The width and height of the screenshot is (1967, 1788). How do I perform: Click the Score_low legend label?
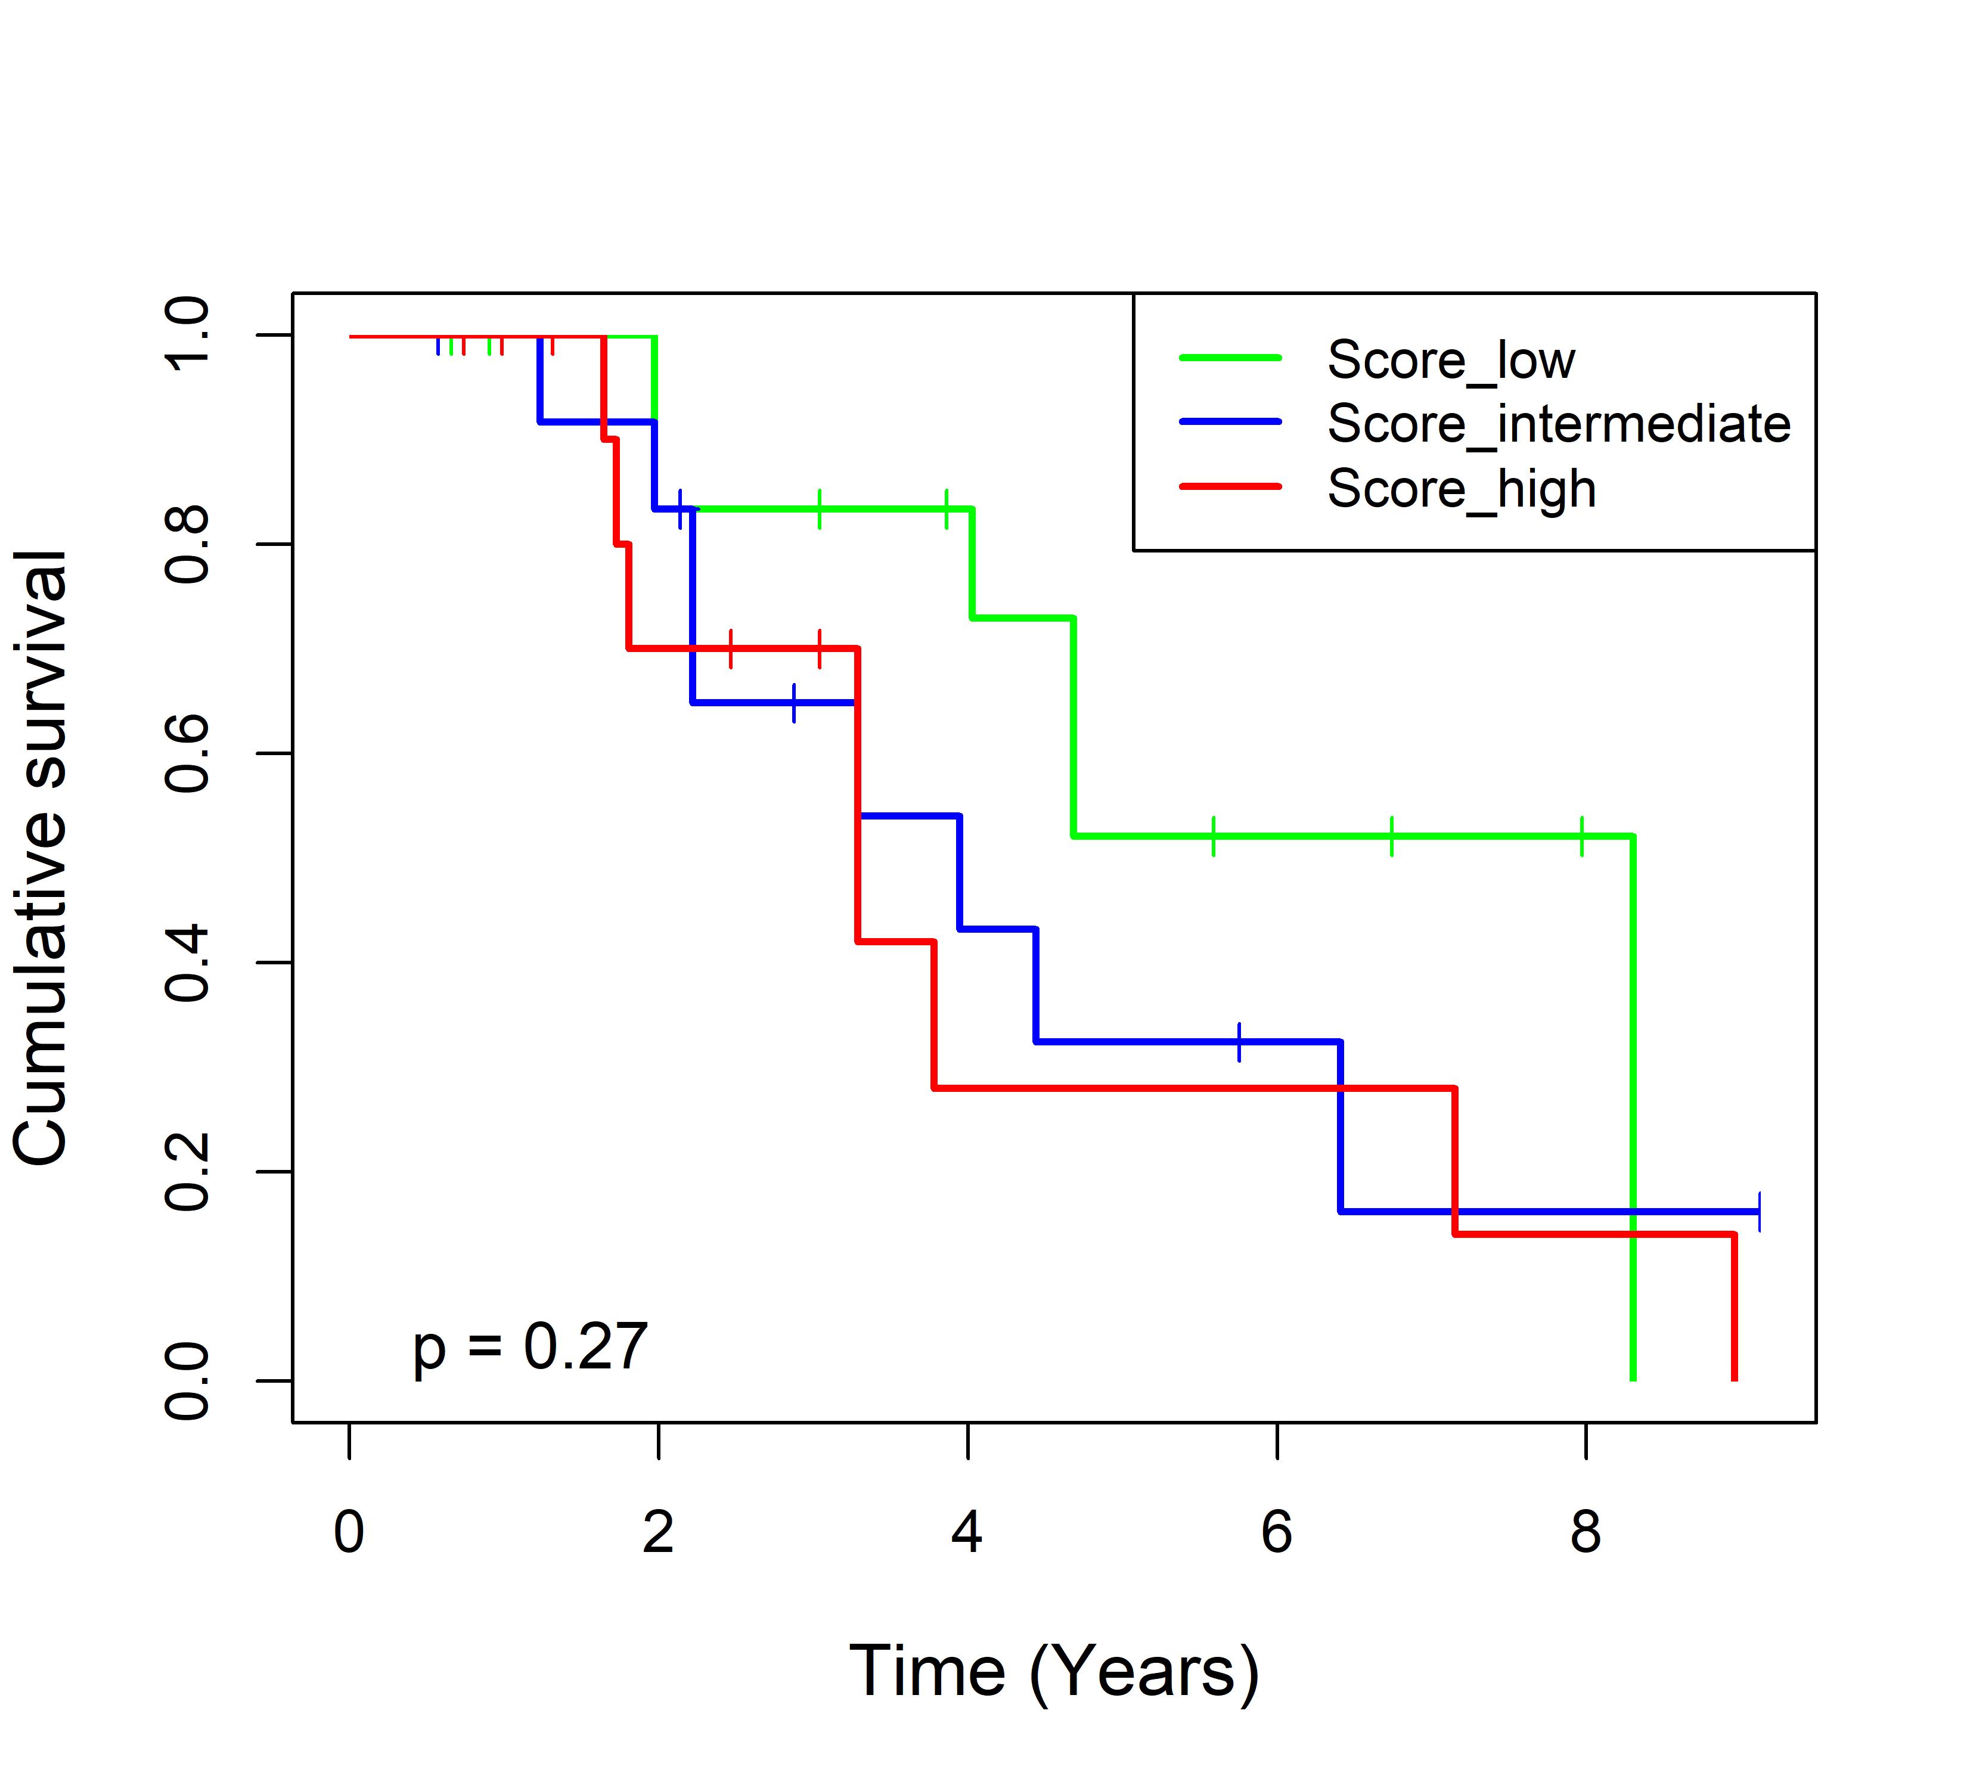click(1451, 361)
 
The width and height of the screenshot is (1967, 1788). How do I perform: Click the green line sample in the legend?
click(1230, 357)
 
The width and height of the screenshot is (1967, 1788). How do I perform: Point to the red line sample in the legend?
click(1230, 485)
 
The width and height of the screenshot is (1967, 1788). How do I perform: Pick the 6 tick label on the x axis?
click(1276, 1532)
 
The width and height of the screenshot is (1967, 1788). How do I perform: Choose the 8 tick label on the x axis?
click(1586, 1532)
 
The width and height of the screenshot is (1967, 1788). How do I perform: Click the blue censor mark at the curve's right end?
click(1758, 1212)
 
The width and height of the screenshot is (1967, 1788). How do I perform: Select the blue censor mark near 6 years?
click(1239, 1042)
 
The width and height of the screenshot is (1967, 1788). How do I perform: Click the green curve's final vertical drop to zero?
click(1633, 1108)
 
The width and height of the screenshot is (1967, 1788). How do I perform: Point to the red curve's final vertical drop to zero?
click(1734, 1307)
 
